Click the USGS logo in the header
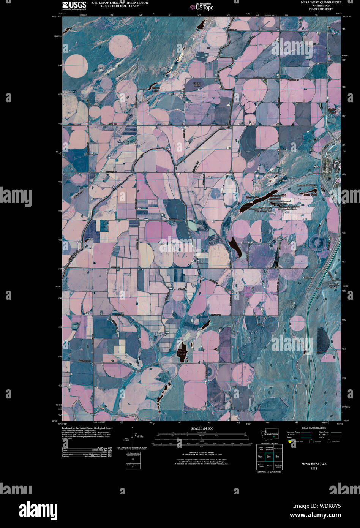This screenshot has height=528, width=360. click(74, 5)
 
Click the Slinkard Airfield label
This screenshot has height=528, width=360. click(196, 84)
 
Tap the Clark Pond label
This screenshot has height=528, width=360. click(182, 353)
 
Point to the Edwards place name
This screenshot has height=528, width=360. click(308, 278)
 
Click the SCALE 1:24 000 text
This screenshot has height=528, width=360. click(202, 428)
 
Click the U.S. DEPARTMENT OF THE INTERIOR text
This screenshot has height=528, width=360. click(120, 3)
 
